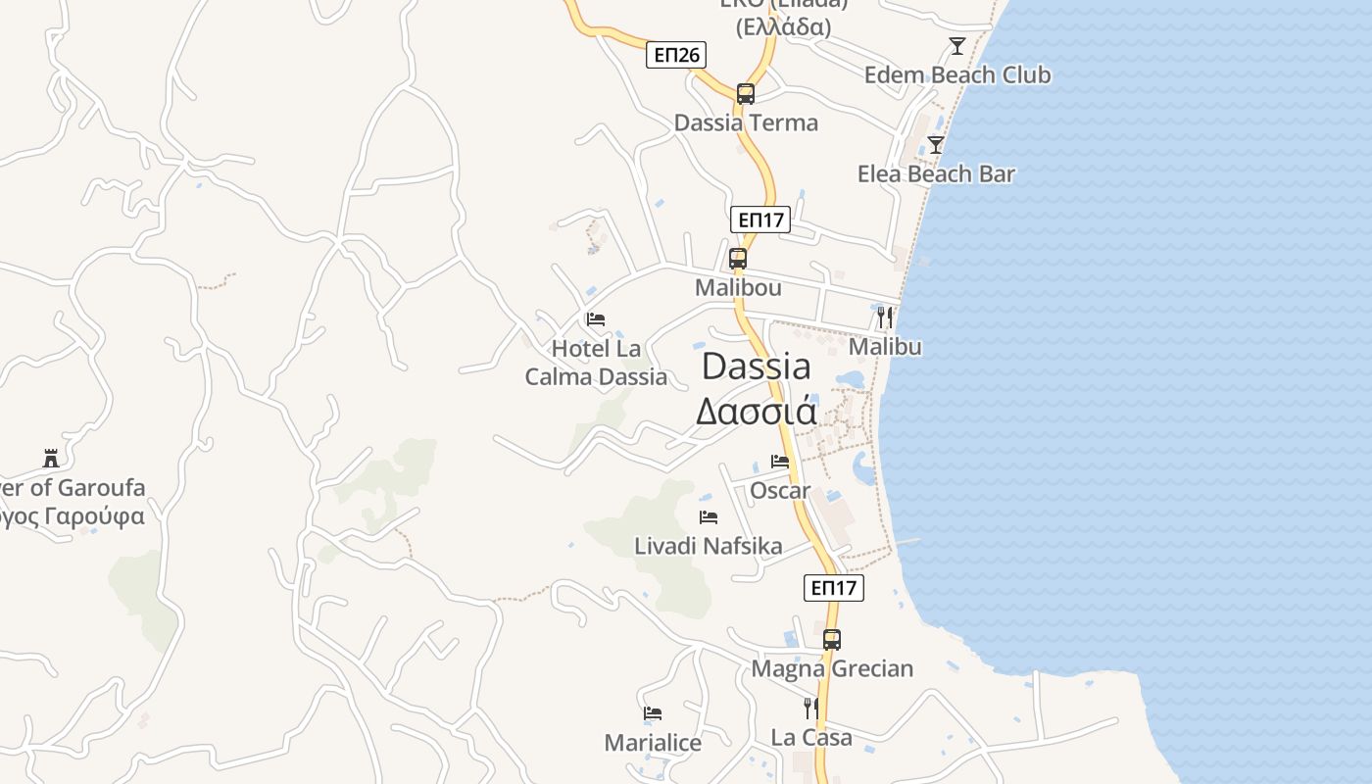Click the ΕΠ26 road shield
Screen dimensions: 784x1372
[x=676, y=55]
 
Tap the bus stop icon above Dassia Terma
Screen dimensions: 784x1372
[x=746, y=94]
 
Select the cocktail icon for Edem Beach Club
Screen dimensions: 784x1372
[x=956, y=45]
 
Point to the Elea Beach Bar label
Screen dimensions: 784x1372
[x=936, y=174]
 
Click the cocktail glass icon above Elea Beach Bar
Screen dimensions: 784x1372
[x=936, y=145]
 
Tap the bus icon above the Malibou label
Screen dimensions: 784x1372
[x=738, y=259]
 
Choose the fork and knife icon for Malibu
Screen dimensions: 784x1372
[x=885, y=317]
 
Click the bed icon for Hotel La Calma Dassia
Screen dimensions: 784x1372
[x=596, y=319]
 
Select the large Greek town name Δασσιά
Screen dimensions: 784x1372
[x=756, y=412]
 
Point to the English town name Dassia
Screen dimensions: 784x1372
[x=757, y=367]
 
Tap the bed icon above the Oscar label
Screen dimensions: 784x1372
[x=780, y=461]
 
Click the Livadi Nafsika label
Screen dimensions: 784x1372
[x=709, y=546]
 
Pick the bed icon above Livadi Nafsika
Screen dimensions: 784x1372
[x=709, y=517]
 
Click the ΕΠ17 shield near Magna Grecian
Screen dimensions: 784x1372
[x=834, y=588]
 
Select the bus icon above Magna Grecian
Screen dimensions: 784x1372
[x=832, y=640]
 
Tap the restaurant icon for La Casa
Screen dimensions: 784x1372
[x=810, y=708]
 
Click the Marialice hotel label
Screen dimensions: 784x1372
[x=653, y=743]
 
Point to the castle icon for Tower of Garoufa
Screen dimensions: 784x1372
[x=51, y=458]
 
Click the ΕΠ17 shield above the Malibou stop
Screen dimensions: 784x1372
[x=759, y=220]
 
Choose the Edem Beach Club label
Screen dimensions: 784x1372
[x=956, y=75]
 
